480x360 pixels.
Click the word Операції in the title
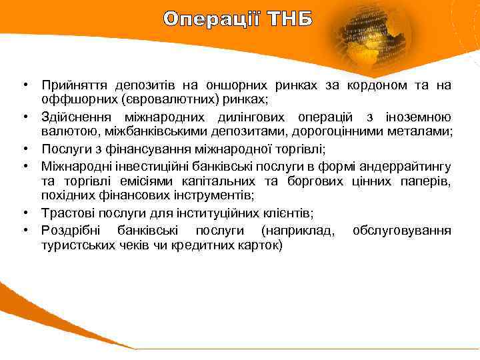211,19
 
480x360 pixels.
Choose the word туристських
76,245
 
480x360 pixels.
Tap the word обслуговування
401,231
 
